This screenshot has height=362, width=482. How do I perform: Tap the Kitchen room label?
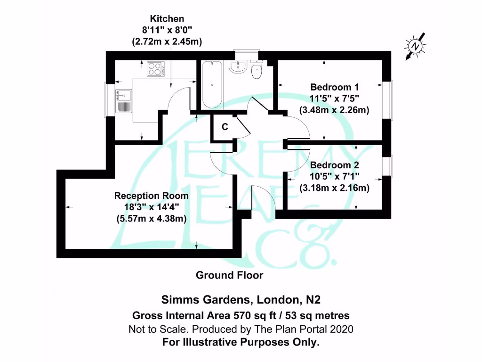(x=167, y=19)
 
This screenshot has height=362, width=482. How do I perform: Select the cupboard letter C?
(x=225, y=127)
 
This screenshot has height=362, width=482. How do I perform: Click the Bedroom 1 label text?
(x=334, y=87)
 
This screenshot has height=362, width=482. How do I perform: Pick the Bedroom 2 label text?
(x=334, y=165)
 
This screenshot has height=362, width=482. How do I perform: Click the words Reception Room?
(x=151, y=196)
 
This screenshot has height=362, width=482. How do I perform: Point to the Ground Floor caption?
(x=229, y=275)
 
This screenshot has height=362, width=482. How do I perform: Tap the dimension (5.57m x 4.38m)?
(x=151, y=218)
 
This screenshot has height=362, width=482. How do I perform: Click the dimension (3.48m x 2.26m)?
(x=334, y=110)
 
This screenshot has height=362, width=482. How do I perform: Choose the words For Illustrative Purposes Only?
(x=241, y=342)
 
